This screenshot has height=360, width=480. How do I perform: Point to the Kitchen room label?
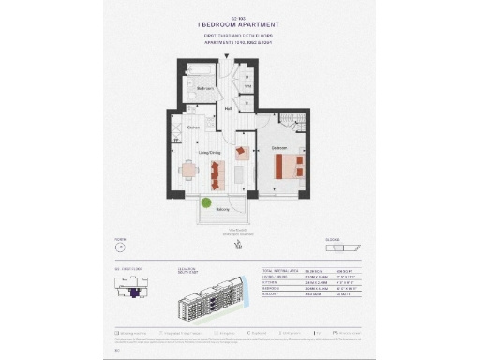193,127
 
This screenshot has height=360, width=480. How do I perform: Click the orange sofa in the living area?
217,172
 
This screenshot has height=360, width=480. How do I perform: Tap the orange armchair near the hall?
242,151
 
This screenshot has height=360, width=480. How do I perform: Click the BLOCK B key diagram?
354,247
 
